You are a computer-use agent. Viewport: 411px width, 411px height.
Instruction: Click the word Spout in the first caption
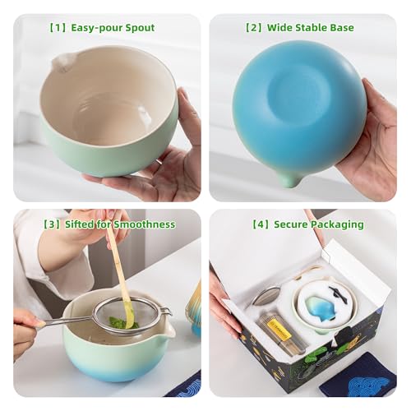tap(136, 28)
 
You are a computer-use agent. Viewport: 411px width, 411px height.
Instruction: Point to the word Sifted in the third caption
tap(76, 224)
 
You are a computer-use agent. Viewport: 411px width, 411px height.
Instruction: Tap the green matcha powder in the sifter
tap(121, 322)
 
